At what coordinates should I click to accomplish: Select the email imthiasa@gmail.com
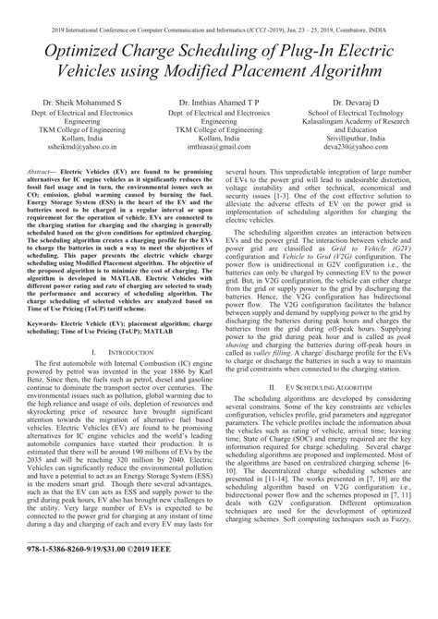[x=218, y=146]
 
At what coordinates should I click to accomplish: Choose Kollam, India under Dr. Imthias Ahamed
[x=218, y=137]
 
